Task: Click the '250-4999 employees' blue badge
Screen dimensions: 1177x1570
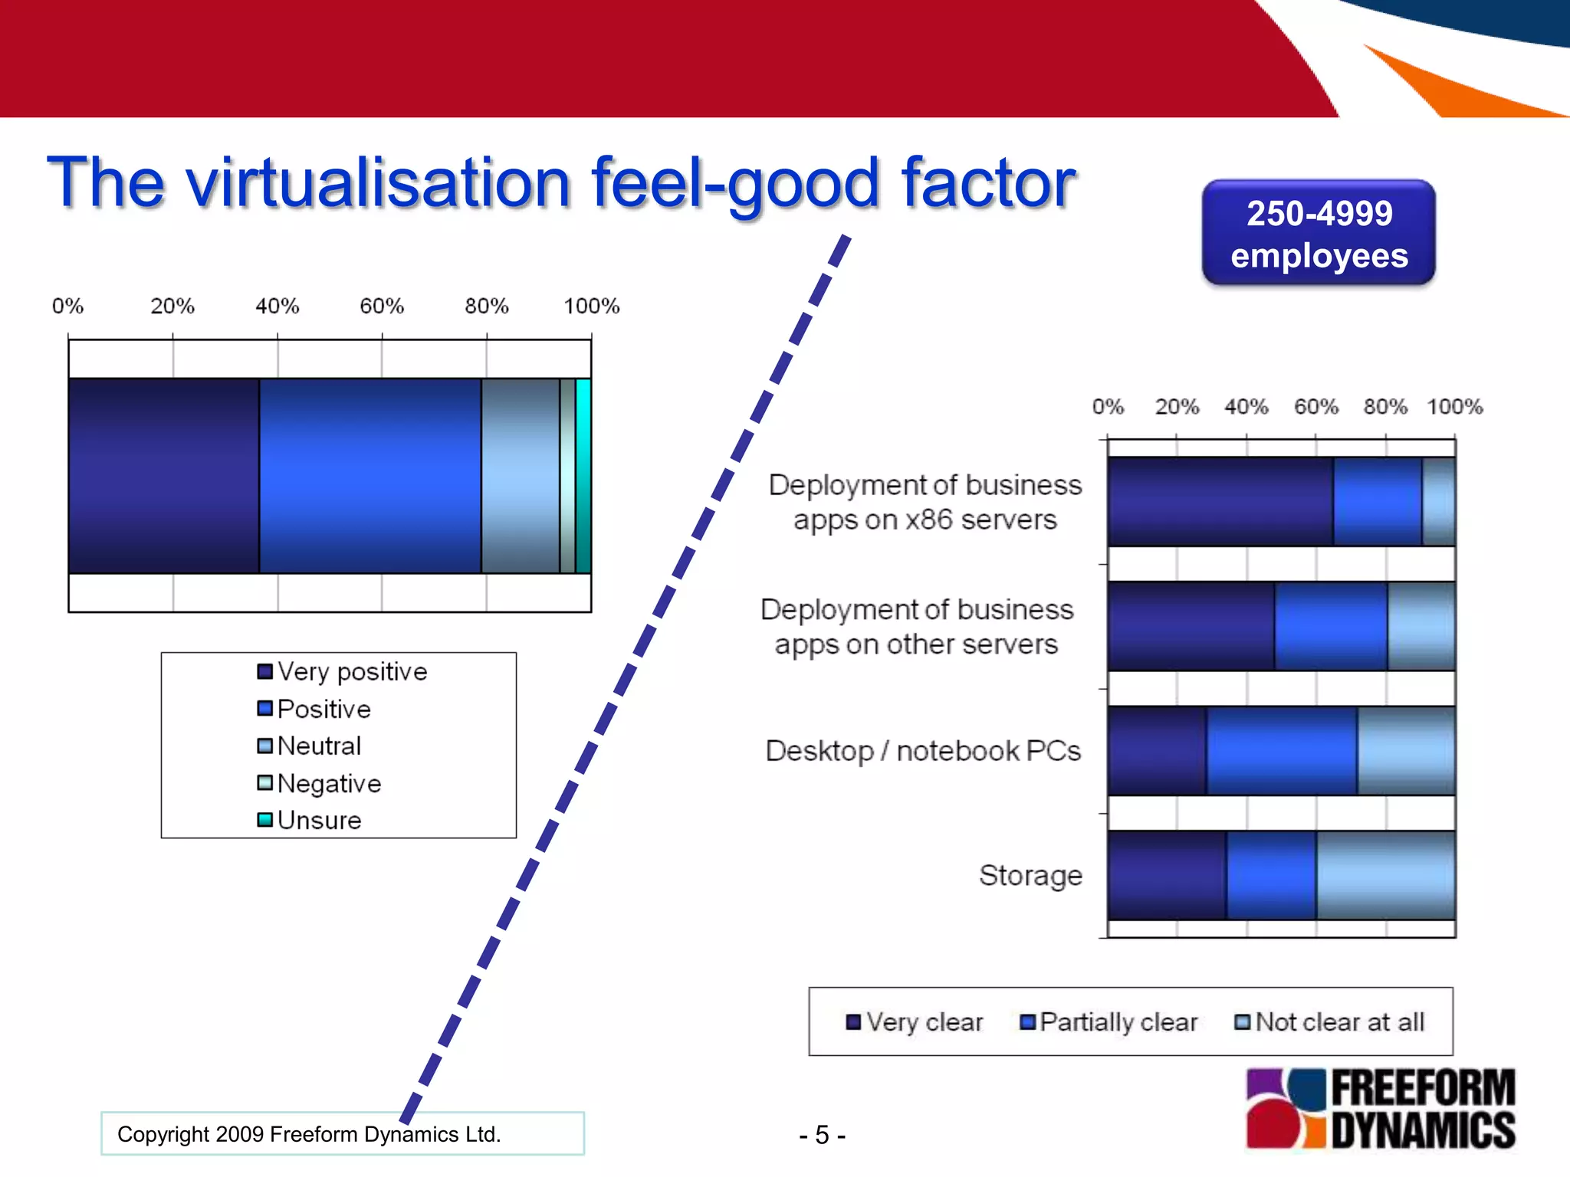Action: point(1319,233)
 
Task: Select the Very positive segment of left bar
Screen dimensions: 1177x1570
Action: point(163,475)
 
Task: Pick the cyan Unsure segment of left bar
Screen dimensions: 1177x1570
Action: point(583,475)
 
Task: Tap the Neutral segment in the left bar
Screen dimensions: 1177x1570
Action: point(520,475)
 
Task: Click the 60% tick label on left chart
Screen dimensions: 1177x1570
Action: point(382,307)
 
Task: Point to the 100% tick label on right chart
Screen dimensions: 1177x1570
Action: point(1454,407)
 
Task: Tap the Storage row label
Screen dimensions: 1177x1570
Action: point(1030,875)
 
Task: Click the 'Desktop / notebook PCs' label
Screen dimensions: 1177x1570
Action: point(923,751)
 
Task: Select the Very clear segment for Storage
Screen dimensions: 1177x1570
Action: point(1167,875)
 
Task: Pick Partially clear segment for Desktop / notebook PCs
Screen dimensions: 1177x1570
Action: point(1282,751)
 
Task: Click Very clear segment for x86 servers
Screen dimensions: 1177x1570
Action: point(1220,501)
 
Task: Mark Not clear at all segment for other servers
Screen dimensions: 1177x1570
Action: point(1421,626)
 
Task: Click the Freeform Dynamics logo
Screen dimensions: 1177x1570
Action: point(1380,1108)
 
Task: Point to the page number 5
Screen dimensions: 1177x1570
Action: point(822,1135)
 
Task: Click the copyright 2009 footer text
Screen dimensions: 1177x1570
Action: point(309,1134)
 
